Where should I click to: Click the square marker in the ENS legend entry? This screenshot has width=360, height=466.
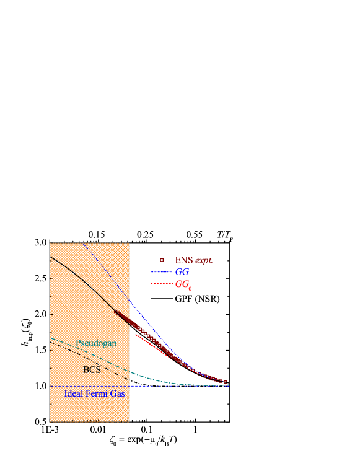pyautogui.click(x=162, y=260)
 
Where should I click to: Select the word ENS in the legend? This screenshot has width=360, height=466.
pyautogui.click(x=184, y=261)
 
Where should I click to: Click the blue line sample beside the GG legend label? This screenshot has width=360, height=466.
pyautogui.click(x=161, y=272)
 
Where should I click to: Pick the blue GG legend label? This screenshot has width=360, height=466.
pyautogui.click(x=182, y=272)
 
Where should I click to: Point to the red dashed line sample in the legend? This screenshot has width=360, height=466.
pyautogui.click(x=161, y=284)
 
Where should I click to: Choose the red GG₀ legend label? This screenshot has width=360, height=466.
pyautogui.click(x=183, y=285)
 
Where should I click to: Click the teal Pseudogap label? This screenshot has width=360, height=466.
pyautogui.click(x=95, y=343)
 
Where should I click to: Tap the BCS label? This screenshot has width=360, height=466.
pyautogui.click(x=91, y=370)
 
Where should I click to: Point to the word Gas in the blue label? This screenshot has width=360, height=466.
pyautogui.click(x=118, y=393)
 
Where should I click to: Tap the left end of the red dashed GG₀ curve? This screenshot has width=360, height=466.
pyautogui.click(x=136, y=335)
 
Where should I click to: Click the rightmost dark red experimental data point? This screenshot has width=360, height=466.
pyautogui.click(x=227, y=382)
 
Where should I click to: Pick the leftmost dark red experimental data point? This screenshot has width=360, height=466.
pyautogui.click(x=115, y=311)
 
